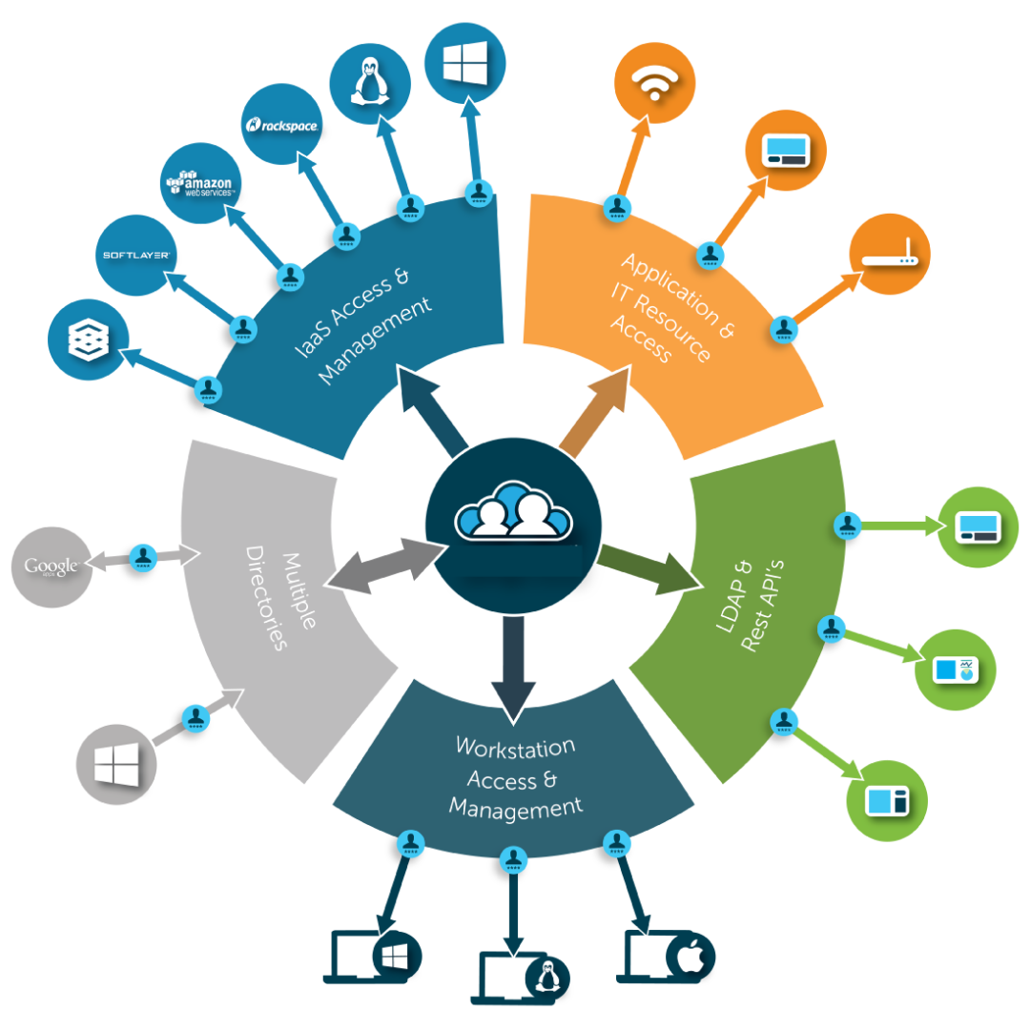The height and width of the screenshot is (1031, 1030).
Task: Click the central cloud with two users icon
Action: point(513,516)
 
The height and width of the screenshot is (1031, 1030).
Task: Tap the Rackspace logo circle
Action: point(281,125)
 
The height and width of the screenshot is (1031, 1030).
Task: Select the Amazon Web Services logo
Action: point(201,182)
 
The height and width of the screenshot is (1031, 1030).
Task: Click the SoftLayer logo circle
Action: point(136,255)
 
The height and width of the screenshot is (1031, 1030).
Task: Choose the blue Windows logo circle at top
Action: point(464,62)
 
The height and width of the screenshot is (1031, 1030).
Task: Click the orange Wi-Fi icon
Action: point(654,83)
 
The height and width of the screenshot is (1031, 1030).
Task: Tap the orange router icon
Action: point(889,254)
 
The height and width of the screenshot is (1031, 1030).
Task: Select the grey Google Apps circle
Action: point(51,567)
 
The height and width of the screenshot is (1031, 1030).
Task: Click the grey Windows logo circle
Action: point(115,764)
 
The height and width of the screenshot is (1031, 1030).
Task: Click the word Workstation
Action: point(515,747)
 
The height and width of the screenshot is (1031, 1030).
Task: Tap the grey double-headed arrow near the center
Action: point(385,568)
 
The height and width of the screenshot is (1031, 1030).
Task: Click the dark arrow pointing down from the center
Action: point(513,667)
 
